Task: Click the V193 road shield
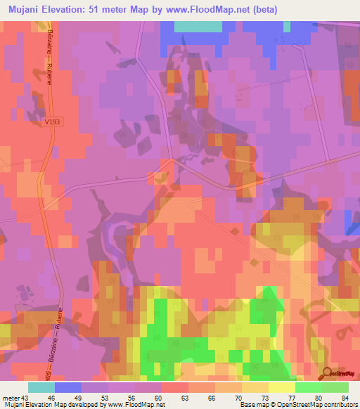(x=51, y=122)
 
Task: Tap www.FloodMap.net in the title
(x=208, y=10)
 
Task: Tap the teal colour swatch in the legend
(x=41, y=387)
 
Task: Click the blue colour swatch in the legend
(x=67, y=387)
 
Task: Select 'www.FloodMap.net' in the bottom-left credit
(x=141, y=405)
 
